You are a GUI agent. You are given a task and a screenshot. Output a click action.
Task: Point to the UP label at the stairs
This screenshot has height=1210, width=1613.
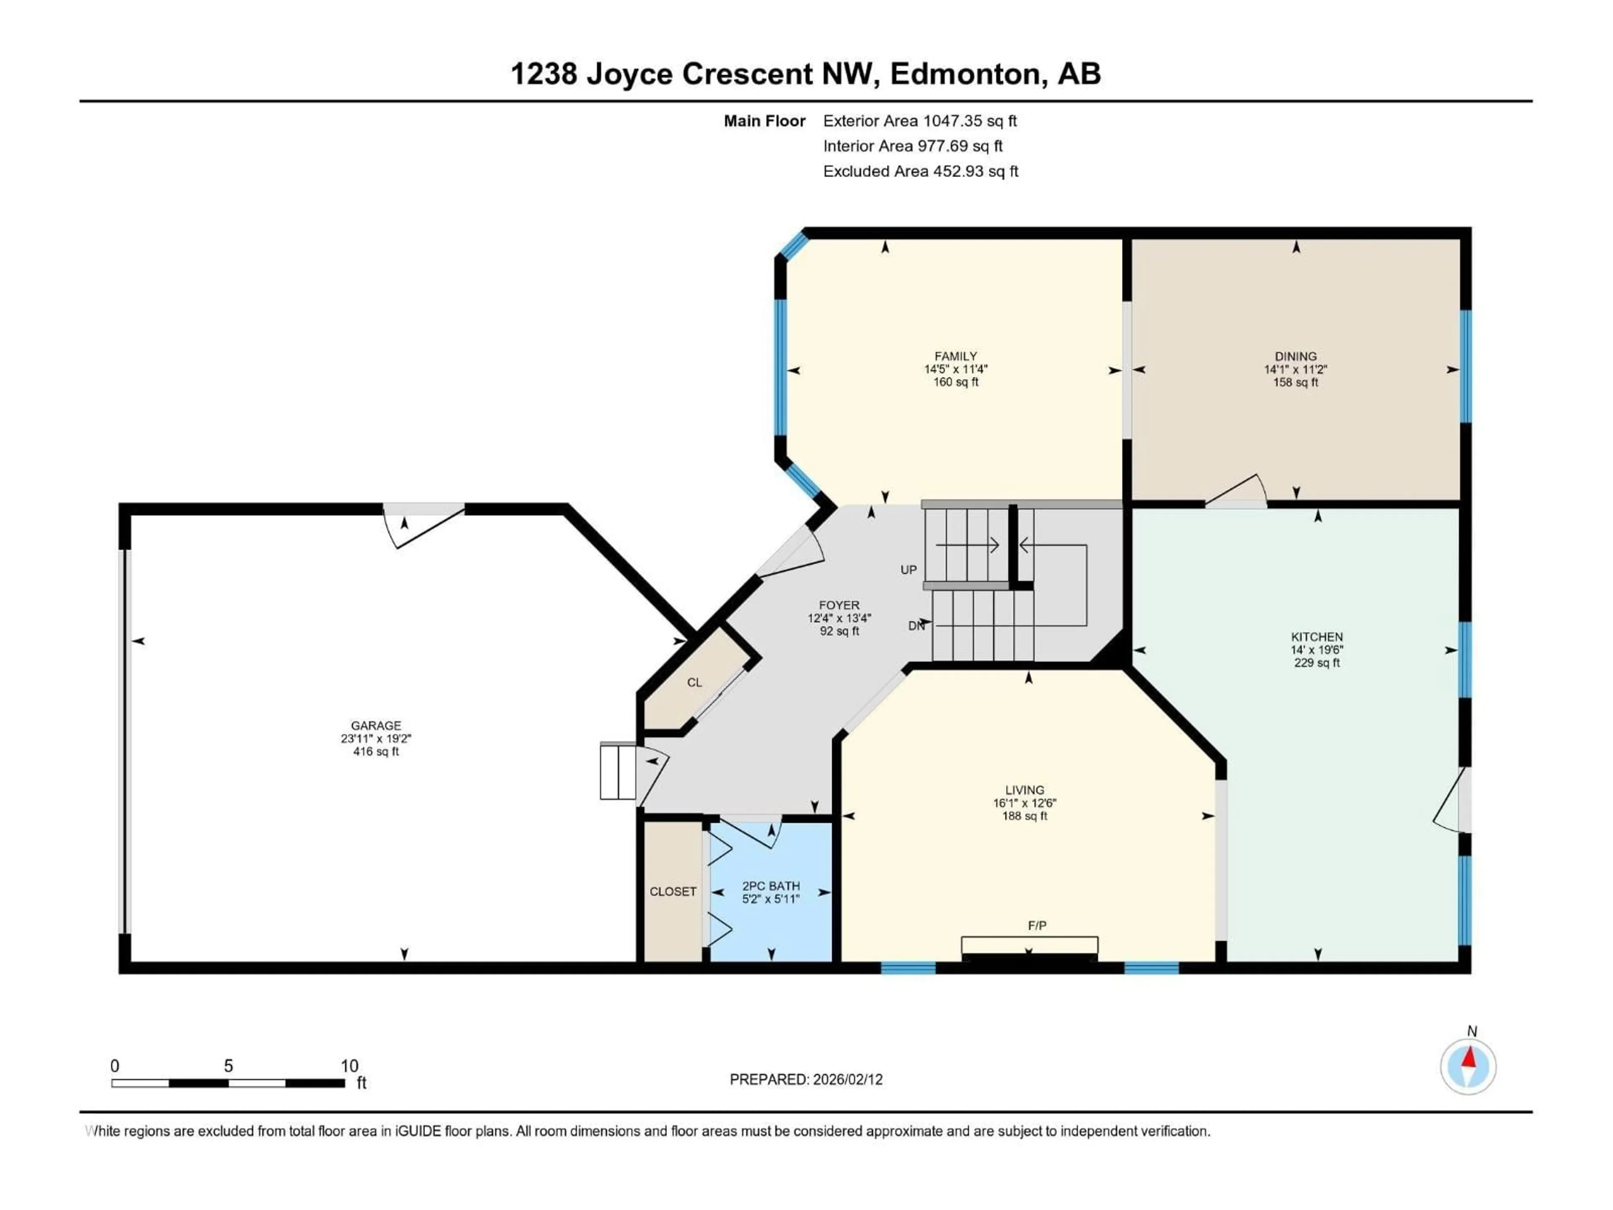908,570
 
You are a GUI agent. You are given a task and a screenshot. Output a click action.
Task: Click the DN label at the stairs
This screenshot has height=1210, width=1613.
916,625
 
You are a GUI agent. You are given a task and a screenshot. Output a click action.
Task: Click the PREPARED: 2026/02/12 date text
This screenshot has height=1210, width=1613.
806,1079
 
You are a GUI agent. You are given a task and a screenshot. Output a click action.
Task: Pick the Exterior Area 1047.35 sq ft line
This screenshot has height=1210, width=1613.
919,121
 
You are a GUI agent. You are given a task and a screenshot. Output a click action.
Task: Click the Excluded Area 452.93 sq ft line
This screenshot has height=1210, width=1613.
920,171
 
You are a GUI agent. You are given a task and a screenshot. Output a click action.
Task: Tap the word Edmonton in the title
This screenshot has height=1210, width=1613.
965,74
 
